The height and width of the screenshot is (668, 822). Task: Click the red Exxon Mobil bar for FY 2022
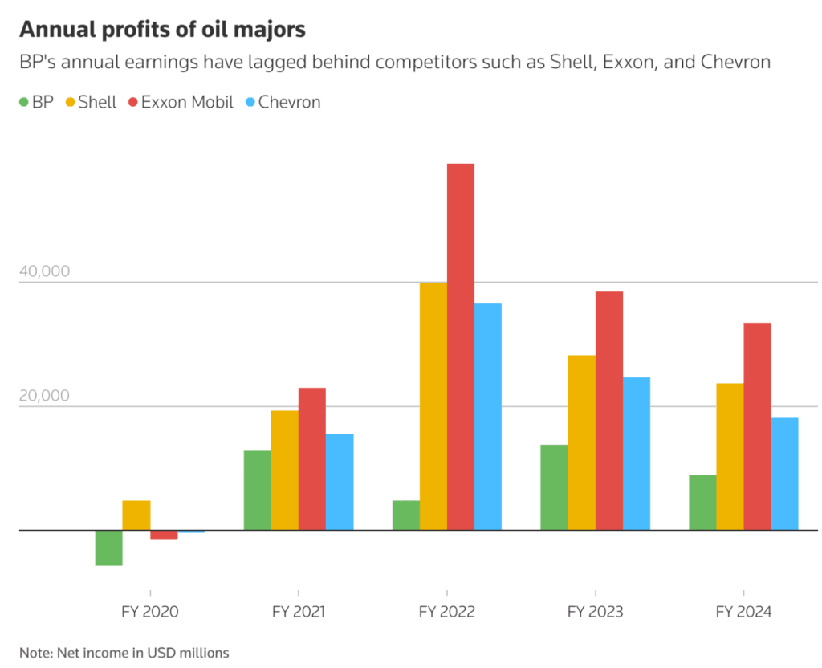[461, 345]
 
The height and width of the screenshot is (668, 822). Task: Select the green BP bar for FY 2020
[108, 548]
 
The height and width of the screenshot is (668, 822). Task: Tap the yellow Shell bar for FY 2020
[136, 515]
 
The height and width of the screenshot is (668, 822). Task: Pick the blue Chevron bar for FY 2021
[340, 481]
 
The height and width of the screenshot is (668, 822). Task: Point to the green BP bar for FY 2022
[405, 515]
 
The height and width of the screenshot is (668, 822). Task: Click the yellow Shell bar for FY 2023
[582, 442]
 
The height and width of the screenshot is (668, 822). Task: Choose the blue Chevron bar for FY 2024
[785, 473]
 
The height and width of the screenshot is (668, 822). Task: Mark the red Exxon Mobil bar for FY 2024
[757, 426]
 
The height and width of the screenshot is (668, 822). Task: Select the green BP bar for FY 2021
[257, 490]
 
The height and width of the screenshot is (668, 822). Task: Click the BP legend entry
[36, 102]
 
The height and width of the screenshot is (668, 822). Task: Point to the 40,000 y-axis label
[44, 271]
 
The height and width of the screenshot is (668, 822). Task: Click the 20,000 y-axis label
[44, 396]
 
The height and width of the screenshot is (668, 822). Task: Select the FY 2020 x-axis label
[150, 612]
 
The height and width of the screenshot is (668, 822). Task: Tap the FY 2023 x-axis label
[595, 612]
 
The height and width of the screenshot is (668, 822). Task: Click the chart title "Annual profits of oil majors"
[162, 30]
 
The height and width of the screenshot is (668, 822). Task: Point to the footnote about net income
[124, 652]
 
